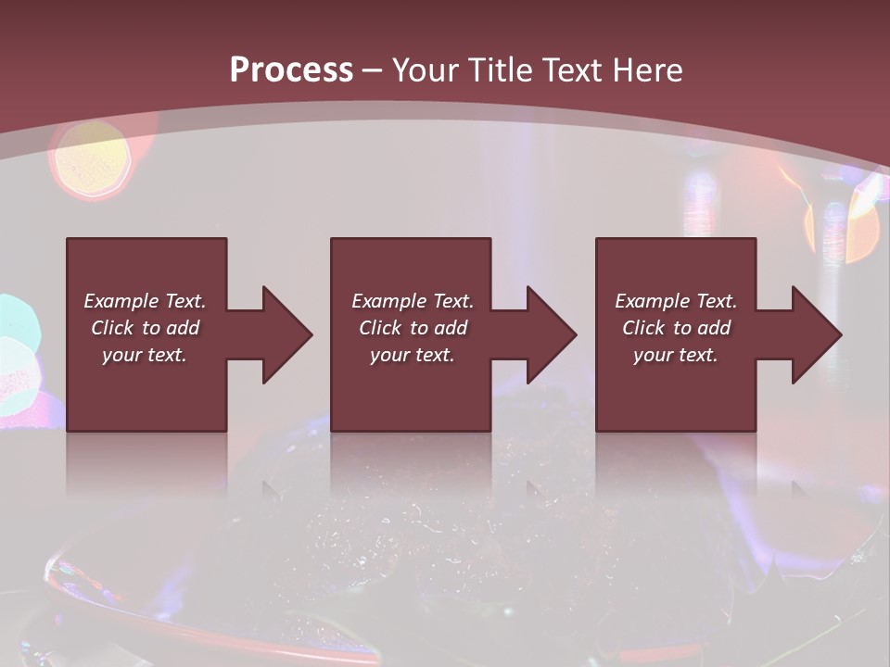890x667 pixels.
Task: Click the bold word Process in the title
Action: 291,69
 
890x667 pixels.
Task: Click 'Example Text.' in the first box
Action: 145,301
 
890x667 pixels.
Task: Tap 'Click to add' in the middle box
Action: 413,328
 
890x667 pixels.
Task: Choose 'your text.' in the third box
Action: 676,355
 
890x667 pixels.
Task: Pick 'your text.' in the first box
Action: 145,355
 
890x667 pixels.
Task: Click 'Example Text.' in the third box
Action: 676,301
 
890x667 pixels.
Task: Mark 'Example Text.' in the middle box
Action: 413,301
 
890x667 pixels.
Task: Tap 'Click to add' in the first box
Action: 145,328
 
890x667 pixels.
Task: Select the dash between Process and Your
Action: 373,70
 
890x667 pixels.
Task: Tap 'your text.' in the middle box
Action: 413,355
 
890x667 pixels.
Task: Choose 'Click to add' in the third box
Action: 676,328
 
